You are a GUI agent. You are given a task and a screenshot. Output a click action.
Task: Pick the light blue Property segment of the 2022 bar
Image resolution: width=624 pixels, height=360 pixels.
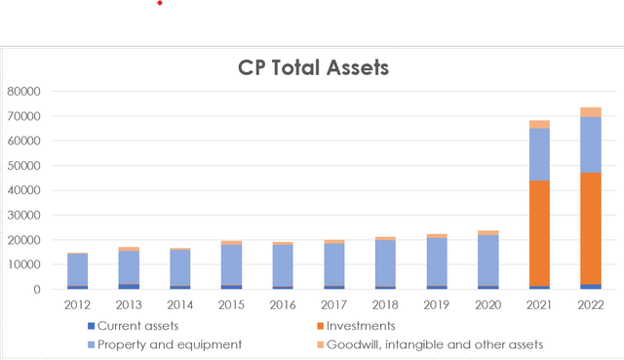590,144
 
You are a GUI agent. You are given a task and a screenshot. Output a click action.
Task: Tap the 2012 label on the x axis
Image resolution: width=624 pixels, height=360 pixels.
77,306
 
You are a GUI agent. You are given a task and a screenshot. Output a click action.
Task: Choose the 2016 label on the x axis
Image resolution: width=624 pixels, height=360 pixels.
283,306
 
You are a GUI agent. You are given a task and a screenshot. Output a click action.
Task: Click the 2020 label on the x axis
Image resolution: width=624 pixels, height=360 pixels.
487,306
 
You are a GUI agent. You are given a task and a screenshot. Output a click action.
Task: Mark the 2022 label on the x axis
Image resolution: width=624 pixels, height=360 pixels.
590,306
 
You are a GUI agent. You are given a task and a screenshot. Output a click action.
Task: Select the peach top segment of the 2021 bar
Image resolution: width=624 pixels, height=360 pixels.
539,125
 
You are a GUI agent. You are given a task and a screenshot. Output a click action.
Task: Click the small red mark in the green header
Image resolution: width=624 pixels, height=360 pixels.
160,3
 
